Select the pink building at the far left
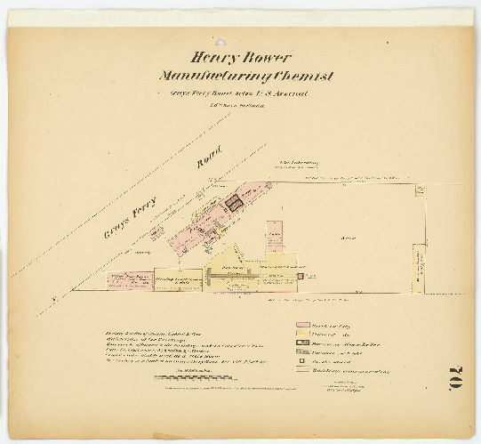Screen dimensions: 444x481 tap(130, 281)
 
